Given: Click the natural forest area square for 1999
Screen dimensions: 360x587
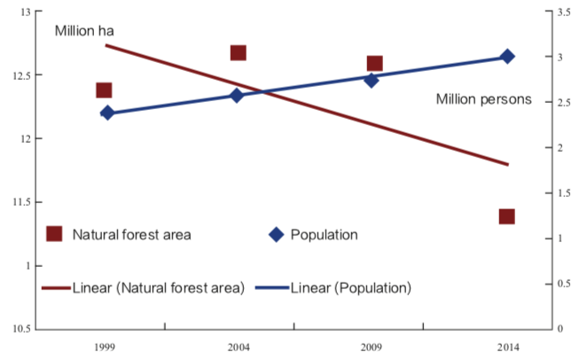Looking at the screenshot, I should coord(104,90).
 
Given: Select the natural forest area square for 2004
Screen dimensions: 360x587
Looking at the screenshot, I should coord(239,53).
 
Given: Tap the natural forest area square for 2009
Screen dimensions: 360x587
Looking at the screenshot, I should coord(374,63).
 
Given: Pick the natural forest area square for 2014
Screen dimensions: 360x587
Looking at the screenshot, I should coord(507,216).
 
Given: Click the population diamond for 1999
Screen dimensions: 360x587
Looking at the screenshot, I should coord(107,113).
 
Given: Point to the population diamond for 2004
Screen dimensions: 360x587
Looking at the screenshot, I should coord(238,95).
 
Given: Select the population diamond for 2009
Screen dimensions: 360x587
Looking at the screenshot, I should coord(372,80).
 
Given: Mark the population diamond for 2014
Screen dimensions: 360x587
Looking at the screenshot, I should coord(507,57).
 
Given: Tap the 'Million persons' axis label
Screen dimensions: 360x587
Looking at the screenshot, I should coord(483,99).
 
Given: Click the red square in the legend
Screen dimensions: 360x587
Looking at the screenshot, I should coord(54,234).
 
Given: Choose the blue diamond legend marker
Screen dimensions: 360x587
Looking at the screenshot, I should coord(276,235).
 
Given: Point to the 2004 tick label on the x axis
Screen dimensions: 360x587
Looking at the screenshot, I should coord(239,347).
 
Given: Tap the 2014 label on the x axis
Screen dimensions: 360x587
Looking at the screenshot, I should coord(508,347).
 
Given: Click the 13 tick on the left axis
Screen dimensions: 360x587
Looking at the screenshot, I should coord(24,12).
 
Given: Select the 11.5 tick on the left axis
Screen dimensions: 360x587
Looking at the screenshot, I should coord(20,202).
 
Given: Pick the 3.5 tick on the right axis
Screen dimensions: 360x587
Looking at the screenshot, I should coord(564,12).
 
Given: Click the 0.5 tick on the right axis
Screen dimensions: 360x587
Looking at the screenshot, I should coord(564,284).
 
